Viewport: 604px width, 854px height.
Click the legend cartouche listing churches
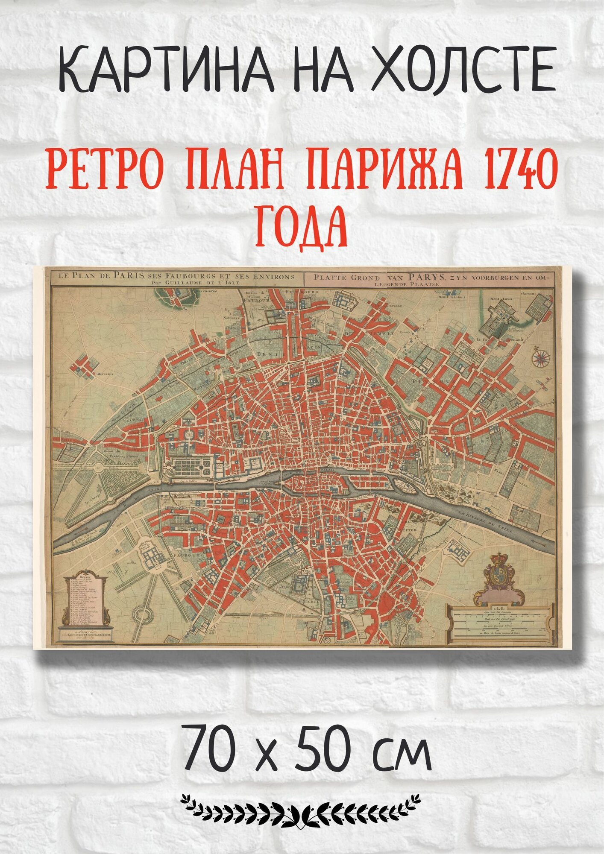(x=85, y=601)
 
